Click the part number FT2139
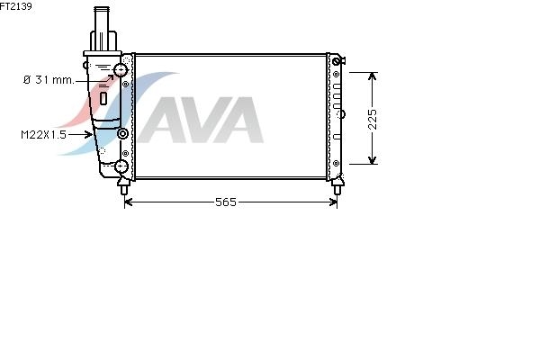[x=16, y=6]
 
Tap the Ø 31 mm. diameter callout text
[x=49, y=80]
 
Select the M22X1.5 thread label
[x=43, y=134]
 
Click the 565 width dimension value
[x=226, y=202]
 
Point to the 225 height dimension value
[x=373, y=119]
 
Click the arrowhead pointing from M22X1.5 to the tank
[x=89, y=134]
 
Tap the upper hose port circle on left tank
[x=121, y=70]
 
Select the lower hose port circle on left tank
[x=121, y=166]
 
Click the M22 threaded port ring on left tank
[x=122, y=133]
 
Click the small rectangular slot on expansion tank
[x=103, y=98]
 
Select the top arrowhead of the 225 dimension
[x=372, y=76]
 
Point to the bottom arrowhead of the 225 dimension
[x=372, y=160]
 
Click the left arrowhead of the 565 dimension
[x=128, y=202]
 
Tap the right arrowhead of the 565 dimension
[x=333, y=202]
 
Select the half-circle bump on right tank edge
[x=343, y=114]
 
